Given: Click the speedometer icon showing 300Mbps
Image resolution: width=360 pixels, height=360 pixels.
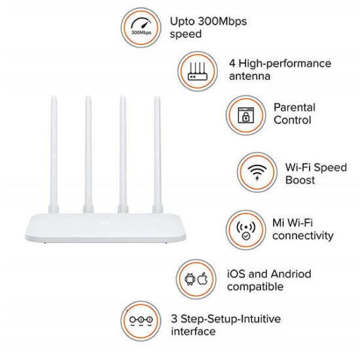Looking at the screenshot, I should click(140, 26).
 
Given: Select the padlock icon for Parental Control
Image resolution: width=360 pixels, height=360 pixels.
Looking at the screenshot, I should click(245, 114).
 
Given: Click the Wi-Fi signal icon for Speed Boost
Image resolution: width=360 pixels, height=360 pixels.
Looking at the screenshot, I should click(256, 172).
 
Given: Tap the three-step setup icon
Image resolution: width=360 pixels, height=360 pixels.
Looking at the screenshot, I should click(141, 325).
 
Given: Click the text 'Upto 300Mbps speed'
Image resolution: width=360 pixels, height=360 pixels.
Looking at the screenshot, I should click(208, 27).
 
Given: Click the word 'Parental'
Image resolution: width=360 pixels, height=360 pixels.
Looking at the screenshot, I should click(294, 107).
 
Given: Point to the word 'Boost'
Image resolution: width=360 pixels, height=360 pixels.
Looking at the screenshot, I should click(300, 179).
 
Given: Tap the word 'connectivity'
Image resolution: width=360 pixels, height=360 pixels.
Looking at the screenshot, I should click(302, 236).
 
